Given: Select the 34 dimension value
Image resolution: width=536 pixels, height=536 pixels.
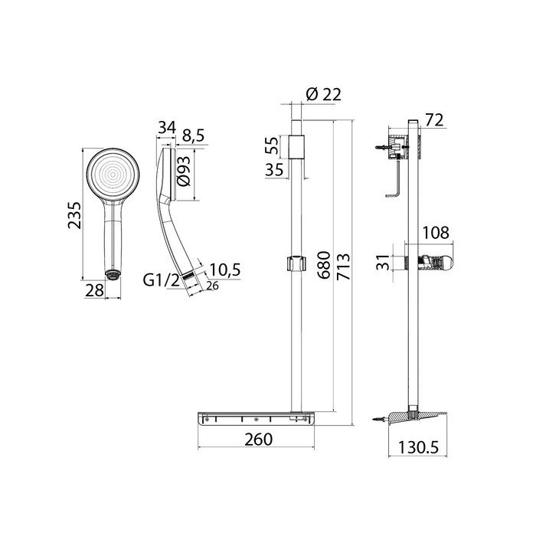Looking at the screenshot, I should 166,128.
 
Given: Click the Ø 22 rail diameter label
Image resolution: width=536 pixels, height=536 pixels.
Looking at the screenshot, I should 322,95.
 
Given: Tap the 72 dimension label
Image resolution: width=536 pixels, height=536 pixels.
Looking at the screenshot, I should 434,119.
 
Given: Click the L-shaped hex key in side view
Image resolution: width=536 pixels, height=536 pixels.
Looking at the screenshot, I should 395,185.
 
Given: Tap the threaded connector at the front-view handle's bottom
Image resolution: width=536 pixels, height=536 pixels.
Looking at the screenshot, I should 113,273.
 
